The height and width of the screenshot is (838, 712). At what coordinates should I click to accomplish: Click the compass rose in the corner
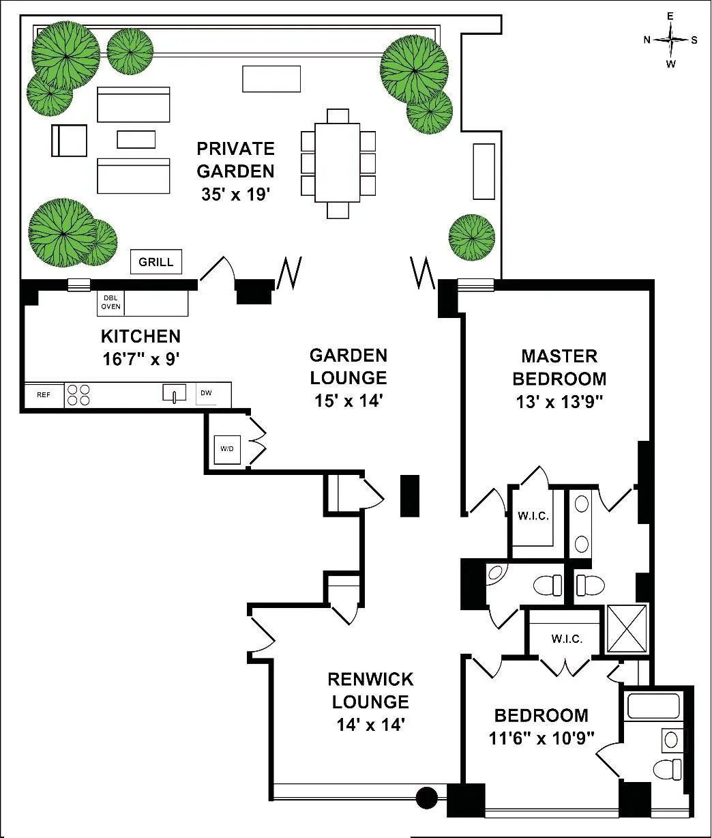click(x=671, y=40)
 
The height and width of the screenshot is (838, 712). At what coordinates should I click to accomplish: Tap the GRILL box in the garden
click(x=156, y=261)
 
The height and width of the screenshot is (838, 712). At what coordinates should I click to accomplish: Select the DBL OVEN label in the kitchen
click(x=110, y=302)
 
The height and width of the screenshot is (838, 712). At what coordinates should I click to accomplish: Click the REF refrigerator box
click(x=44, y=395)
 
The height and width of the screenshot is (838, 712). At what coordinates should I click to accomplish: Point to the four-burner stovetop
click(x=78, y=395)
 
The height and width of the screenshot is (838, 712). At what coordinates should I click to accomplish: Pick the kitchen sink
click(x=174, y=393)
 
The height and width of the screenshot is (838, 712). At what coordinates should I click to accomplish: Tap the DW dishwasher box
click(x=206, y=393)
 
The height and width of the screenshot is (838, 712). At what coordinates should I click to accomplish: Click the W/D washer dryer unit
click(x=226, y=450)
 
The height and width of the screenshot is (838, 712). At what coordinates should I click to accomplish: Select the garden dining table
click(x=337, y=162)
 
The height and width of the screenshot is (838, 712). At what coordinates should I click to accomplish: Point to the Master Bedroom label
click(x=559, y=366)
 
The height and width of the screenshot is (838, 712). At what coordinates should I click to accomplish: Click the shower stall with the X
click(x=627, y=628)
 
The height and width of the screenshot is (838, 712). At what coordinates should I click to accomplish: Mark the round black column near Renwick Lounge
click(x=427, y=796)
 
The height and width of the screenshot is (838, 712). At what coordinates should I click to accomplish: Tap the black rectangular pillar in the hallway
click(x=410, y=495)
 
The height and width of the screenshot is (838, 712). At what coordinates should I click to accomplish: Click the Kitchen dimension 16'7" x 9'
click(x=140, y=357)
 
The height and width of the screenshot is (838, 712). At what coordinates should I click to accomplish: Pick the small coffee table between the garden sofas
click(x=136, y=139)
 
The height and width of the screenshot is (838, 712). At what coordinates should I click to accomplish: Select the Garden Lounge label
click(x=348, y=366)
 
